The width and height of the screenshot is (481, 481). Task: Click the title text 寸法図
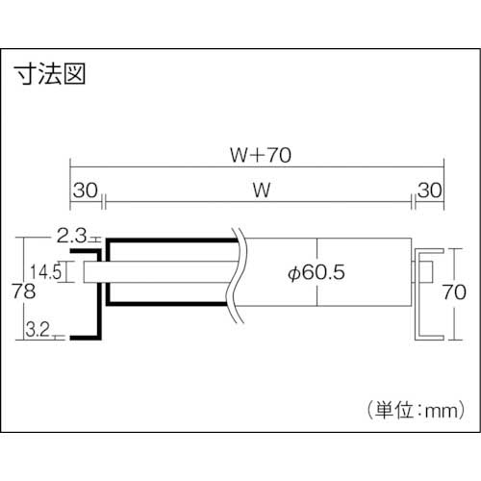(x=50, y=76)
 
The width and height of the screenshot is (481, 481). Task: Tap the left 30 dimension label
(x=85, y=190)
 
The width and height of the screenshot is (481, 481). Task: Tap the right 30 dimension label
(x=428, y=190)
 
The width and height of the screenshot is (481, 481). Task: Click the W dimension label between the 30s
(x=259, y=190)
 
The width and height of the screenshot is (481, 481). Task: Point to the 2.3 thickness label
(x=71, y=234)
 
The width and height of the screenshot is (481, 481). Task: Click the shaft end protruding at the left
(x=92, y=272)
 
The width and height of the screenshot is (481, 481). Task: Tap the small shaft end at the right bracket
(x=422, y=272)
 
